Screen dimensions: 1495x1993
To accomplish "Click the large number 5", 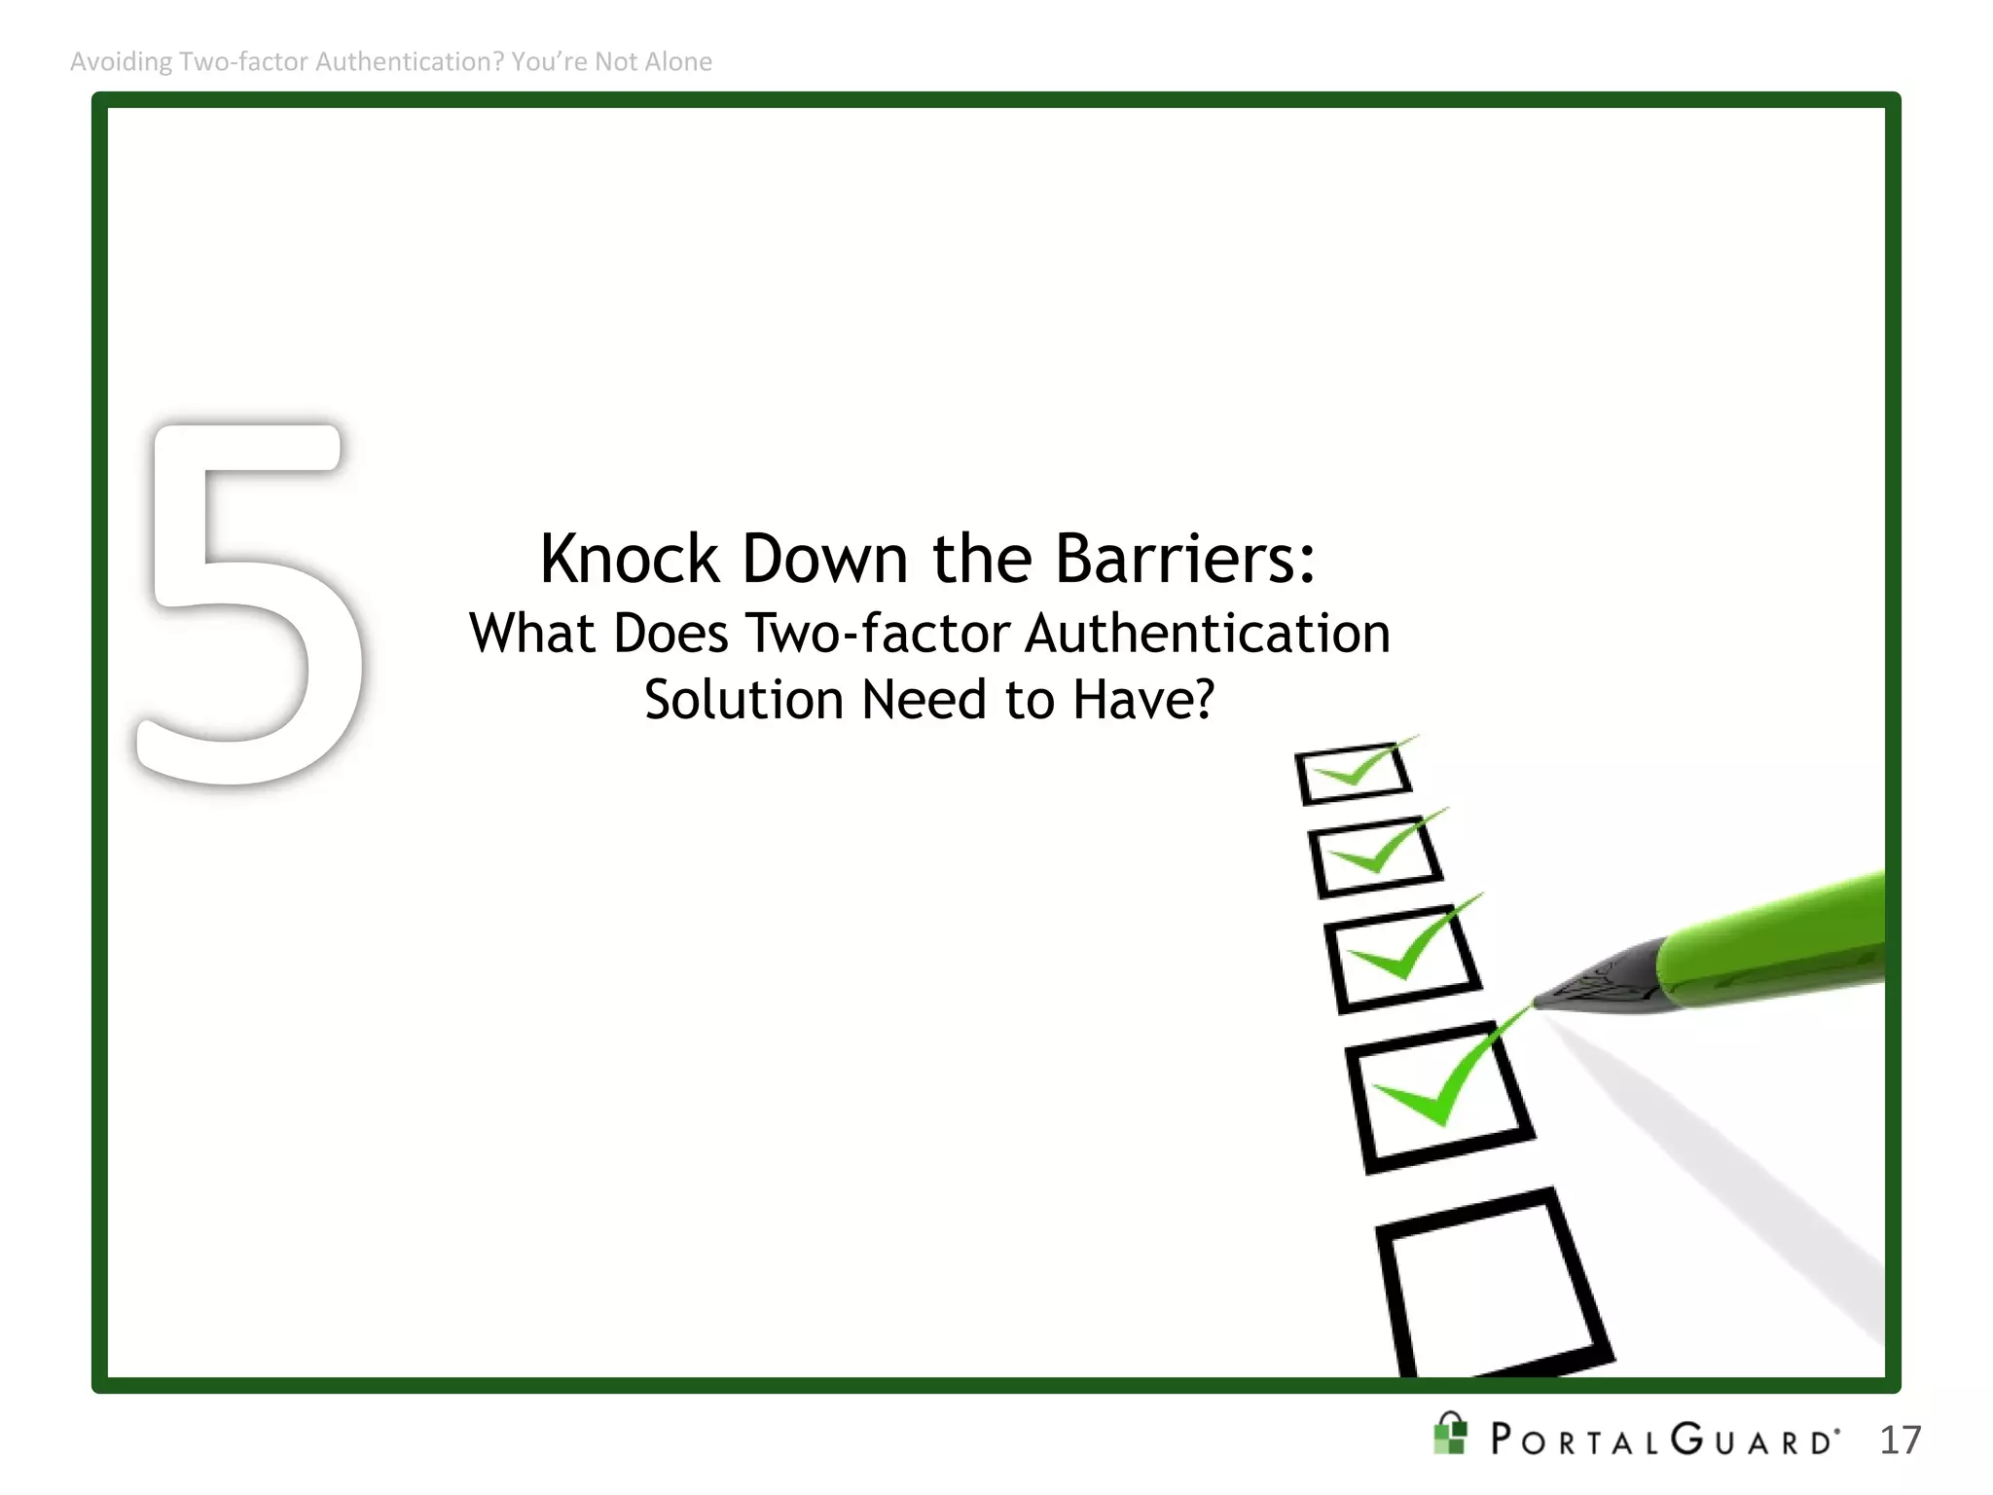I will point(248,603).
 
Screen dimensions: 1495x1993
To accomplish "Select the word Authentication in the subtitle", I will point(1208,634).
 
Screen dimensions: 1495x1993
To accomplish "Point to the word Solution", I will point(743,700).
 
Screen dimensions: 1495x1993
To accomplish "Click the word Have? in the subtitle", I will point(1143,700).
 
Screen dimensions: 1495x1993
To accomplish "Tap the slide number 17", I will point(1900,1440).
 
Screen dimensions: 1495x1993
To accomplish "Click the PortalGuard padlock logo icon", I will point(1450,1435).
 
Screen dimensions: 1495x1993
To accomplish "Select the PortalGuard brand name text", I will point(1664,1440).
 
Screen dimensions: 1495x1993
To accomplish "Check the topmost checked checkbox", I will point(1353,775).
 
